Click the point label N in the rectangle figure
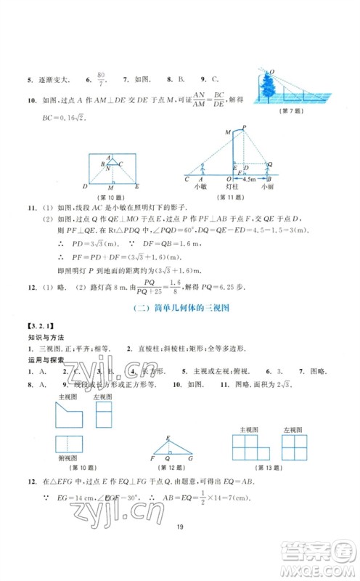(107, 170)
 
